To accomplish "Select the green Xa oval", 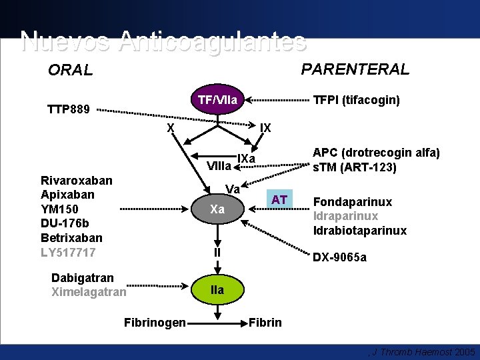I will pyautogui.click(x=217, y=209).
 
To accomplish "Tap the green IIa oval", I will pyautogui.click(x=217, y=290).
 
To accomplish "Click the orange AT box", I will pyautogui.click(x=280, y=199).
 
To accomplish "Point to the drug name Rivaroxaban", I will pyautogui.click(x=77, y=180).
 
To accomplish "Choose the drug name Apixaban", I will pyautogui.click(x=67, y=195).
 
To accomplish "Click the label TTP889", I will pyautogui.click(x=68, y=109).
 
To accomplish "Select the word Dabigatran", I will pyautogui.click(x=82, y=277).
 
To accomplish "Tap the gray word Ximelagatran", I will pyautogui.click(x=88, y=292).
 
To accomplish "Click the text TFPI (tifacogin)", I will pyautogui.click(x=357, y=100).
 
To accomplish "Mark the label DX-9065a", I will pyautogui.click(x=340, y=257).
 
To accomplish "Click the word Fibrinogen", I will pyautogui.click(x=155, y=323).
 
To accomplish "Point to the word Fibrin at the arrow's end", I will pyautogui.click(x=265, y=323).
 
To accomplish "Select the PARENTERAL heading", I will pyautogui.click(x=355, y=69).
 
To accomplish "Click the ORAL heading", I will pyautogui.click(x=70, y=70).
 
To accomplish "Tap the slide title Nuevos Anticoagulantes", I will pyautogui.click(x=163, y=41).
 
